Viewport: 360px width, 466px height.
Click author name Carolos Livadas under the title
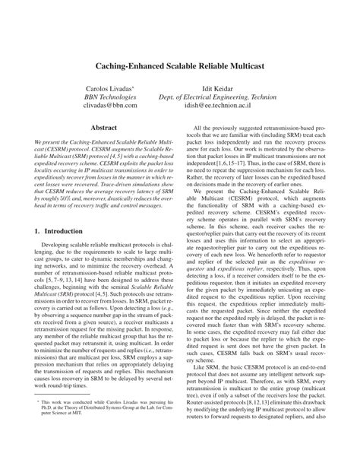click(x=110, y=90)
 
